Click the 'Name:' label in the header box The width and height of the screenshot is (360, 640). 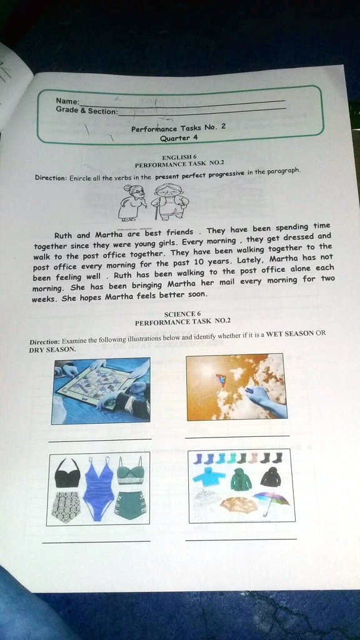[67, 101]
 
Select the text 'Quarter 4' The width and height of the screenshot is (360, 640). [179, 138]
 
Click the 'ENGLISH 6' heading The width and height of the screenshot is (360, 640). [179, 157]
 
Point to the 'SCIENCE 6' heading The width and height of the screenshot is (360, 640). [182, 314]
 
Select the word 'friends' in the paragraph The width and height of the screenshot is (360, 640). [179, 232]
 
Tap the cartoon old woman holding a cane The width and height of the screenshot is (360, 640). [134, 202]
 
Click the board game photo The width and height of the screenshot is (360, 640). [101, 391]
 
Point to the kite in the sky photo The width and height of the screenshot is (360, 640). [220, 379]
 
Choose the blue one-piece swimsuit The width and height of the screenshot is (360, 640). [98, 488]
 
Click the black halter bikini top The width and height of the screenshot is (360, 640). [67, 474]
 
